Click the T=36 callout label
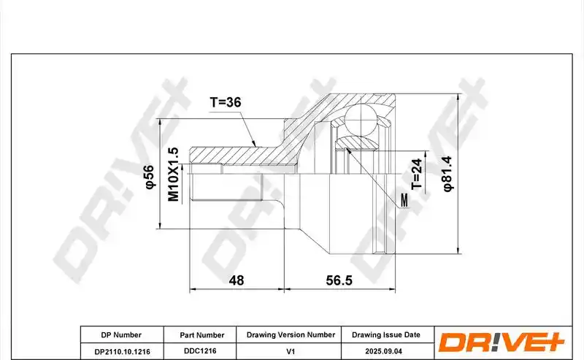[x=226, y=102]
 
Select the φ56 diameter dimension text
[x=149, y=177]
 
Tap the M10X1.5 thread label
[x=174, y=174]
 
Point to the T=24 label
[x=417, y=174]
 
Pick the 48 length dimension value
[x=236, y=280]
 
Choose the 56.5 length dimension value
[x=339, y=280]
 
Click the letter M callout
[x=404, y=201]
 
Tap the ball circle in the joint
[x=361, y=120]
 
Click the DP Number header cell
[x=121, y=335]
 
